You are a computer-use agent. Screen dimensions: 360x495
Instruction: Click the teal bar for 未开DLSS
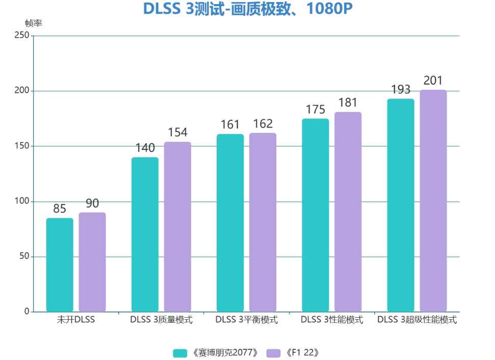click(x=60, y=265)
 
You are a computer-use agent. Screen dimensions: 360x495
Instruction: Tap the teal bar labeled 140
click(x=145, y=234)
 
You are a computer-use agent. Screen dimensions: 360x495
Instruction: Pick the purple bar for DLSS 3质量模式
click(x=177, y=226)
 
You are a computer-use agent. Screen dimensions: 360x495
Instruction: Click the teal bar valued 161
click(x=230, y=222)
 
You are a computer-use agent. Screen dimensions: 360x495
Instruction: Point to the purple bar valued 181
click(x=348, y=212)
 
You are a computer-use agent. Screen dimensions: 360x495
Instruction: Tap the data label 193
click(x=401, y=90)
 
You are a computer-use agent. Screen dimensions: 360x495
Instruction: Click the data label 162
click(x=263, y=124)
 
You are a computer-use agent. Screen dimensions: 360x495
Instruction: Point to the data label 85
click(x=60, y=209)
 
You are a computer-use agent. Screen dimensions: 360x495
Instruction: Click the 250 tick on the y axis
click(x=21, y=36)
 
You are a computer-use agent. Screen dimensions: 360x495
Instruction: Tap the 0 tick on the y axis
click(x=27, y=312)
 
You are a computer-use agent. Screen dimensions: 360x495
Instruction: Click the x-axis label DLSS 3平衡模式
click(x=247, y=320)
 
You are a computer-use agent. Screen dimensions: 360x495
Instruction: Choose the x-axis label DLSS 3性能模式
click(x=332, y=320)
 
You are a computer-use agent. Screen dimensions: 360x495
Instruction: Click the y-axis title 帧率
click(x=33, y=23)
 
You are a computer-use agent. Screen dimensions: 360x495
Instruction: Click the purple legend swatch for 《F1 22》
click(x=274, y=353)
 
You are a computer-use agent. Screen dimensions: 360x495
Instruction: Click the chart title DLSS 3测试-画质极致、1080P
click(x=248, y=10)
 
